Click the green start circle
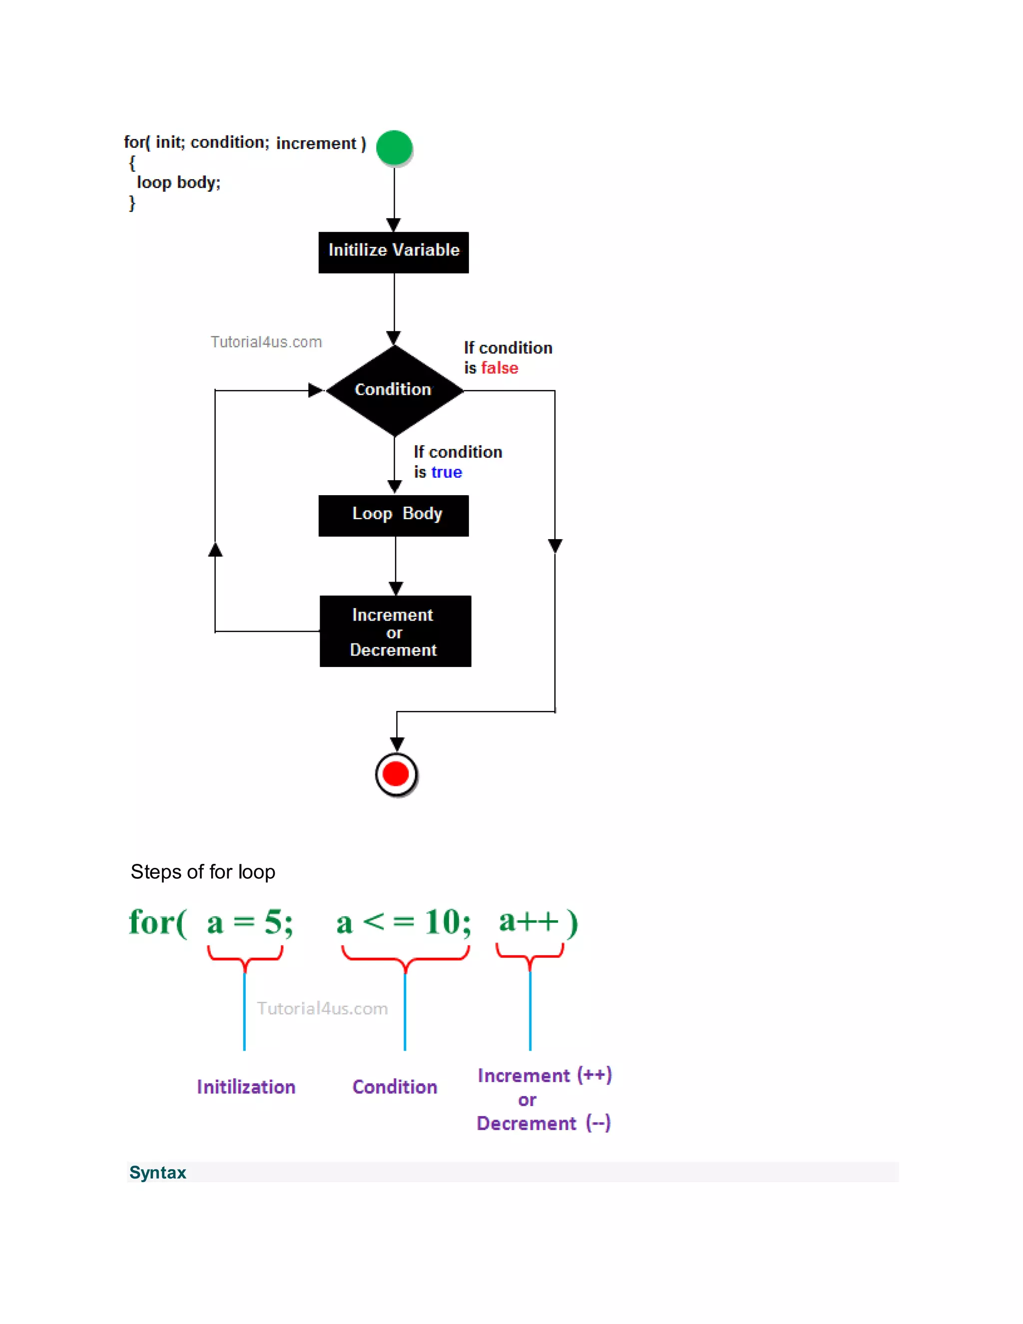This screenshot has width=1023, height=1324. pyautogui.click(x=394, y=147)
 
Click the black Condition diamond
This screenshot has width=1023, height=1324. pyautogui.click(x=394, y=390)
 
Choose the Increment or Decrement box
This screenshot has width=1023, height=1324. pyautogui.click(x=395, y=631)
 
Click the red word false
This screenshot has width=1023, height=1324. pyautogui.click(x=500, y=368)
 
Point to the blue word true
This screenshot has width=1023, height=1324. pyautogui.click(x=446, y=472)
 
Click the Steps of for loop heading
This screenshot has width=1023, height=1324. pyautogui.click(x=203, y=872)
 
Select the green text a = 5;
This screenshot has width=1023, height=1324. pyautogui.click(x=250, y=922)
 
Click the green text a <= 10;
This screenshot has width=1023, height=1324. pyautogui.click(x=404, y=922)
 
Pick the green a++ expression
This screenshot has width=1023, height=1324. pyautogui.click(x=528, y=921)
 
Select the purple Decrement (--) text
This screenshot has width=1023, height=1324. pyautogui.click(x=543, y=1123)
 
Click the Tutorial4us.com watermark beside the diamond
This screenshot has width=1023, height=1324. pyautogui.click(x=266, y=342)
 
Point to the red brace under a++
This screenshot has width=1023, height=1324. pyautogui.click(x=529, y=955)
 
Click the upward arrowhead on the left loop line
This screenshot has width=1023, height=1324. pyautogui.click(x=215, y=550)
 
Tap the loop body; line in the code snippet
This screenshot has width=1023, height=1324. pyautogui.click(x=178, y=182)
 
